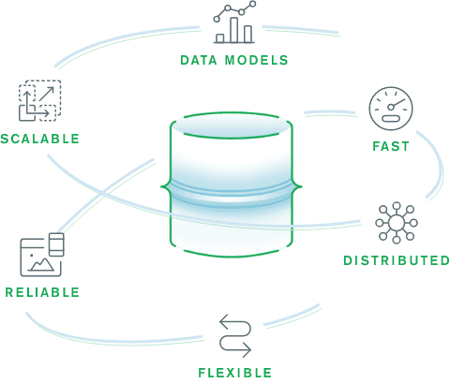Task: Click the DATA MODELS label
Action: pyautogui.click(x=234, y=60)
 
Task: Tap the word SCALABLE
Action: pyautogui.click(x=40, y=139)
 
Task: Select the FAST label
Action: pyautogui.click(x=391, y=146)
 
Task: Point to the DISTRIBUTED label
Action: pyautogui.click(x=397, y=260)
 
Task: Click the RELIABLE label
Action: pyautogui.click(x=42, y=292)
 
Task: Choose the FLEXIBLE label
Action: pyautogui.click(x=235, y=373)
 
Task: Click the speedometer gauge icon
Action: pyautogui.click(x=391, y=109)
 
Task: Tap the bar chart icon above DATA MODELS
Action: pyautogui.click(x=234, y=22)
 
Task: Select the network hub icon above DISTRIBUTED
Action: pyautogui.click(x=397, y=223)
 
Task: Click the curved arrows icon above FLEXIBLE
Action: pyautogui.click(x=235, y=335)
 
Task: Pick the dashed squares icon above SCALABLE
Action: pyautogui.click(x=39, y=100)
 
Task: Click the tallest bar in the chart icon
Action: pyautogui.click(x=234, y=30)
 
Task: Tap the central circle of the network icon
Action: pyautogui.click(x=397, y=223)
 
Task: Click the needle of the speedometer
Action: pyautogui.click(x=397, y=103)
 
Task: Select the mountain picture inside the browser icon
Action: pyautogui.click(x=40, y=264)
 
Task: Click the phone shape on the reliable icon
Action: pyautogui.click(x=56, y=244)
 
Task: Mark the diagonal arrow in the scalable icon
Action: pyautogui.click(x=47, y=94)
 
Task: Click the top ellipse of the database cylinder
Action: pyautogui.click(x=231, y=125)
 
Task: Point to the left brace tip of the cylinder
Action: pyautogui.click(x=161, y=187)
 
